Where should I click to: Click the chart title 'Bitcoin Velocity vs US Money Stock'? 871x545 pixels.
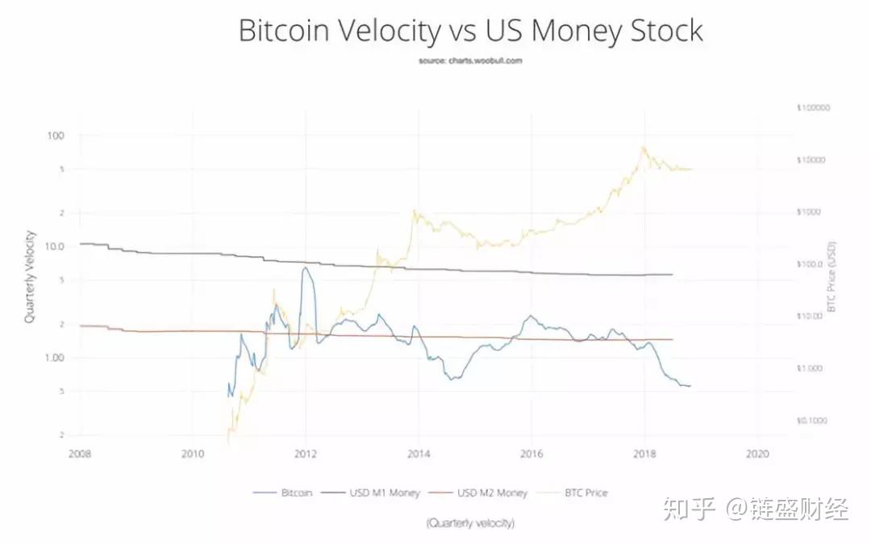[470, 31]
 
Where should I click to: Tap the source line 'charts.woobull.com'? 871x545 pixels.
[470, 61]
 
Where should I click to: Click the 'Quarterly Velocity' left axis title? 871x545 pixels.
[30, 277]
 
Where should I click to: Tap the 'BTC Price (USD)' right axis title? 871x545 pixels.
[832, 277]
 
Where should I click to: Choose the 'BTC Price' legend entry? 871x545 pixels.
[584, 493]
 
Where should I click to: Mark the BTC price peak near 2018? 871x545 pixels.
[643, 147]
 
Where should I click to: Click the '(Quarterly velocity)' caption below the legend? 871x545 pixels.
[470, 523]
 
